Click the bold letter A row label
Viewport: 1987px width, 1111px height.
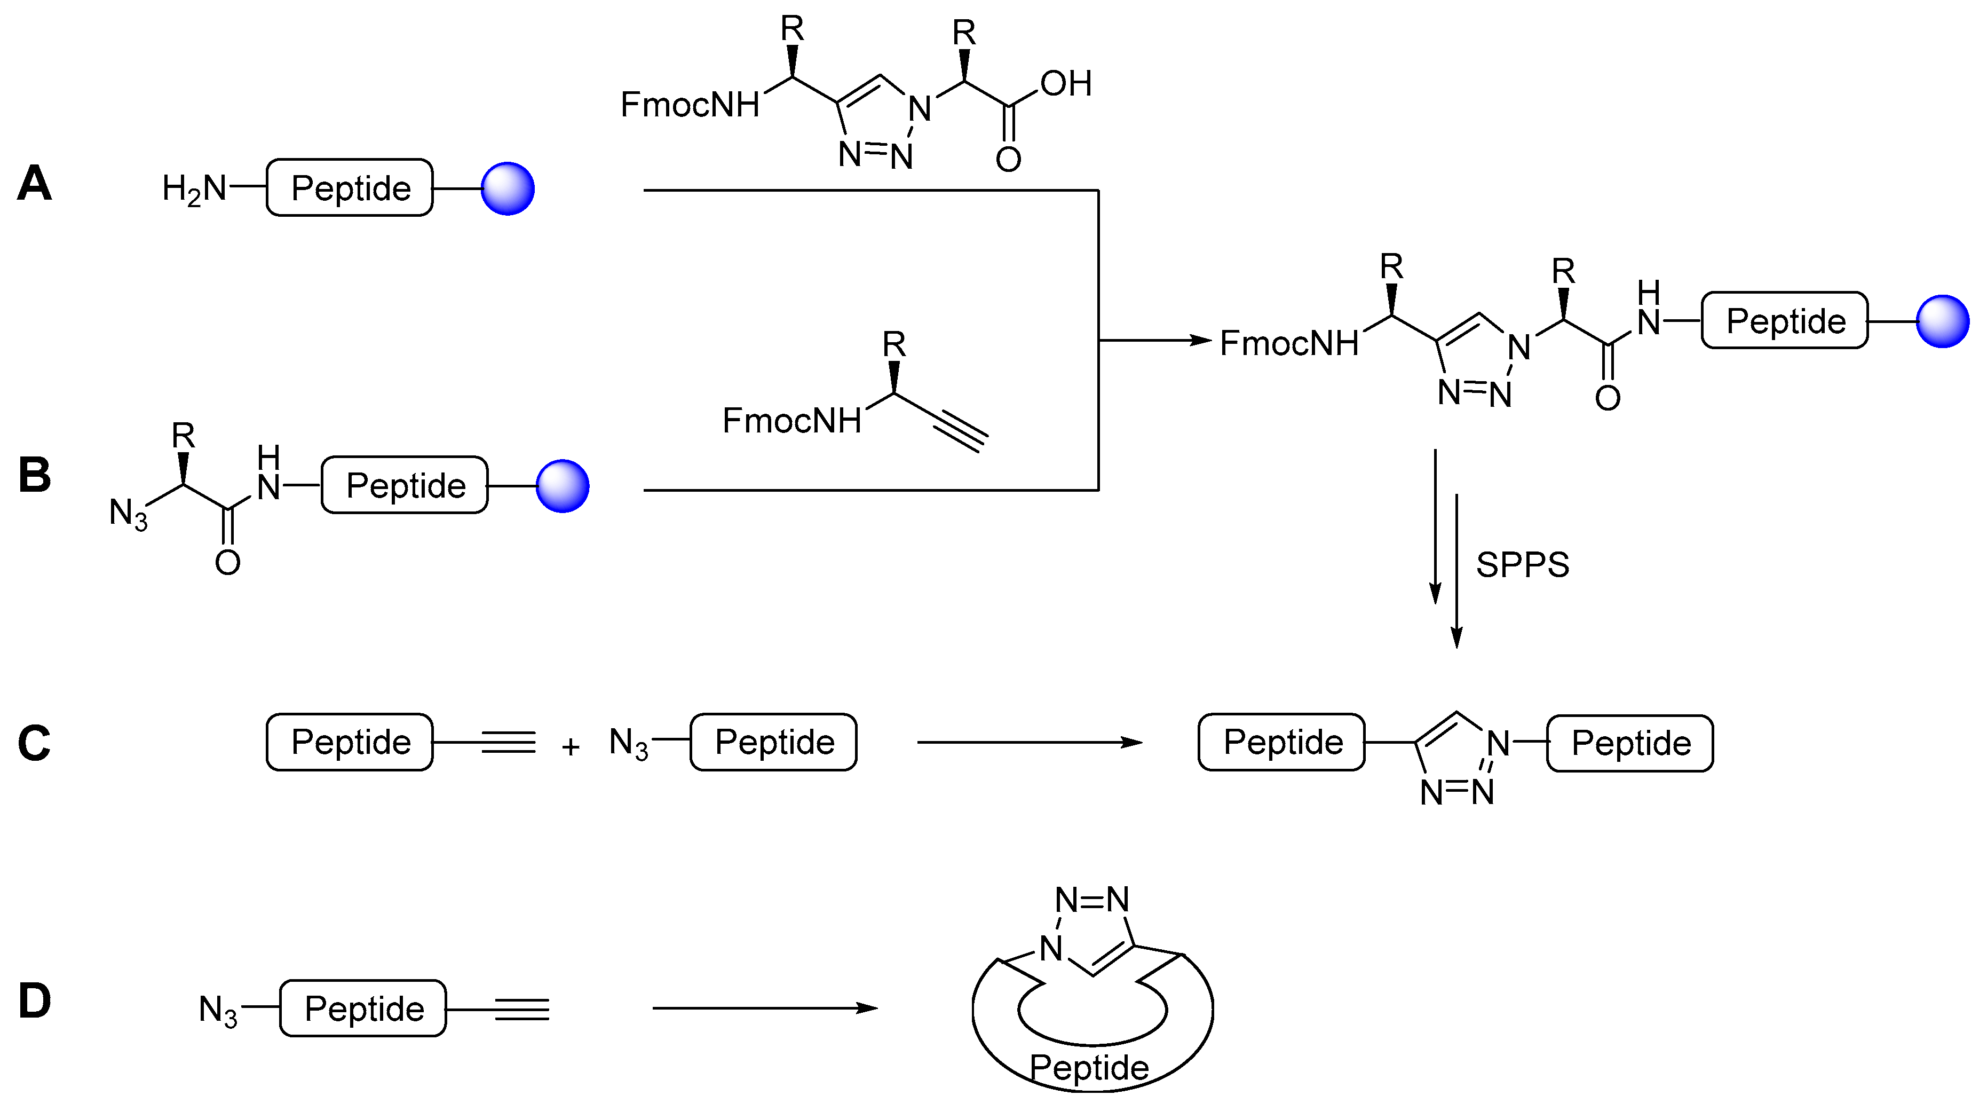coord(35,184)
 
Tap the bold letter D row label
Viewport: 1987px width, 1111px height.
coord(35,1002)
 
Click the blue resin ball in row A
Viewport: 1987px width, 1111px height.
coord(508,188)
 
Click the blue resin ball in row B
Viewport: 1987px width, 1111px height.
coord(563,486)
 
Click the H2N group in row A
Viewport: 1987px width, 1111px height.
coord(194,188)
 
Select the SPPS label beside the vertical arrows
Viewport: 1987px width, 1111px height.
coord(1522,565)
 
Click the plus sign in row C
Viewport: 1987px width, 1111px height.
coord(571,747)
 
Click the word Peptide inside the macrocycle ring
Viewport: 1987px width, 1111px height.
coord(1089,1068)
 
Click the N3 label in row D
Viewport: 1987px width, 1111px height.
coord(218,1010)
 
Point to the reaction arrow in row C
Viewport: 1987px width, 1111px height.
coord(1029,742)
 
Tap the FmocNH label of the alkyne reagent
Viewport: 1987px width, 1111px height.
coord(791,421)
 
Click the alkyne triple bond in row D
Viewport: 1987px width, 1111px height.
coord(522,1009)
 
